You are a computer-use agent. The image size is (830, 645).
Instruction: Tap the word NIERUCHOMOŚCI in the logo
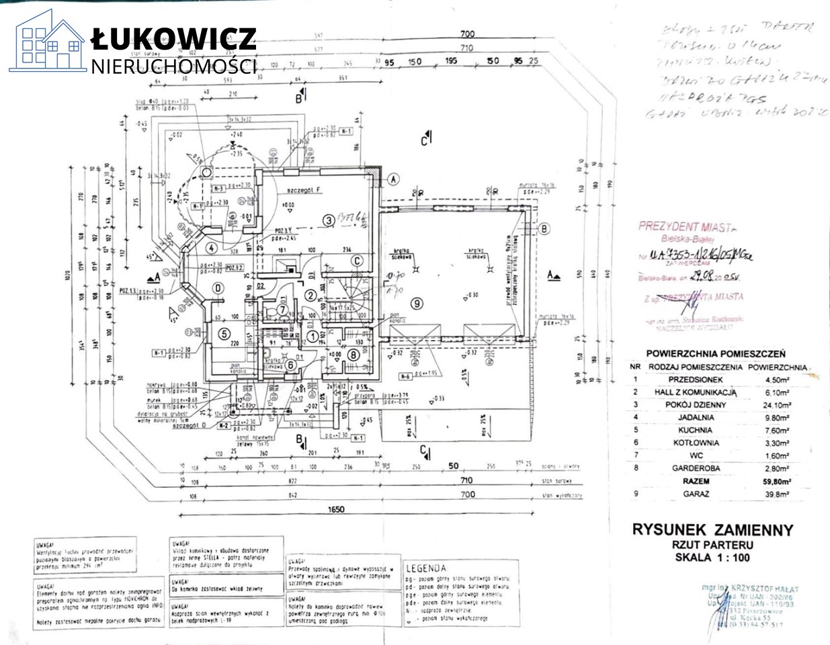point(174,66)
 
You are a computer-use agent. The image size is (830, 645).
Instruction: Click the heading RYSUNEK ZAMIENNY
point(713,529)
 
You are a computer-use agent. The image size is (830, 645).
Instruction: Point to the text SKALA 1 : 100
point(713,557)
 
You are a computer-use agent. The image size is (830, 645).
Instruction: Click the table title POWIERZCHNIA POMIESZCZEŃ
point(716,353)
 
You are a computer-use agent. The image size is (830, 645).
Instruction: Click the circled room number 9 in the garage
point(417,304)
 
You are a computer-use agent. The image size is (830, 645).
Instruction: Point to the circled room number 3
point(329,220)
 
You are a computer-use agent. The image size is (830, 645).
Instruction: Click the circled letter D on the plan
point(217,288)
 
